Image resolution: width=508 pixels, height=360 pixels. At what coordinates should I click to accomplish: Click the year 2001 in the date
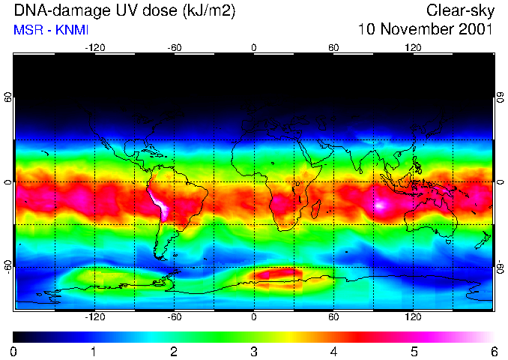click(471, 30)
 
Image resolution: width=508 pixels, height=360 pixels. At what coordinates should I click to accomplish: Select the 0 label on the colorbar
click(14, 351)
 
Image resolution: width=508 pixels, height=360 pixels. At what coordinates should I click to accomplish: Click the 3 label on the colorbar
click(254, 351)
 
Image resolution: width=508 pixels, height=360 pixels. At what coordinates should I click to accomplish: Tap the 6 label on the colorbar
click(493, 351)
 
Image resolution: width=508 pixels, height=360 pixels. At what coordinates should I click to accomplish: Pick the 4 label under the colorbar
click(333, 351)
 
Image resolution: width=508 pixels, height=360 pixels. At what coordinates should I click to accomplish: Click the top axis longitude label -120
click(94, 48)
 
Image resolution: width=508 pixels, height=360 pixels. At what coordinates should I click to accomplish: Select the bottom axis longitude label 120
click(413, 316)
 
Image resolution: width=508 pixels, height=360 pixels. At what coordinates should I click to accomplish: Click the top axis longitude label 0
click(254, 48)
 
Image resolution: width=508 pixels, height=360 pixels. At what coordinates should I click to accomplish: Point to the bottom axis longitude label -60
click(175, 316)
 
